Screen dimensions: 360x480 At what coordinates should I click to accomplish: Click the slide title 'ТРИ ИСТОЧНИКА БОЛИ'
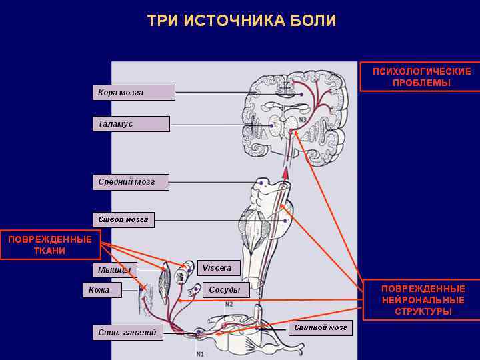[241, 21]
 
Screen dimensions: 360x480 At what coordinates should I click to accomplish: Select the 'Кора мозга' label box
[133, 93]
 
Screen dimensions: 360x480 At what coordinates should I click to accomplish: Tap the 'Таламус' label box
[131, 124]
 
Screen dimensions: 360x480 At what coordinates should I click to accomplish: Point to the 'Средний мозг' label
[131, 182]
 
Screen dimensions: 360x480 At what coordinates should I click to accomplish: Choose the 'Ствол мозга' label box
[123, 219]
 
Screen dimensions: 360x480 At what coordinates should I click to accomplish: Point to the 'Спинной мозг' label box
[321, 328]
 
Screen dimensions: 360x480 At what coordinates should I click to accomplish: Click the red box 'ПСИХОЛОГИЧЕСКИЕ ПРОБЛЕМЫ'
[421, 77]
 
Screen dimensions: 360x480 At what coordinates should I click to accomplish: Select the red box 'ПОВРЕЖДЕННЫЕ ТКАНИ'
[49, 245]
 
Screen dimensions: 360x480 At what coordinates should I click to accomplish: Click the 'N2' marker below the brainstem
[229, 304]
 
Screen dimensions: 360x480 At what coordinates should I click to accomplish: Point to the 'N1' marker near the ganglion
[200, 353]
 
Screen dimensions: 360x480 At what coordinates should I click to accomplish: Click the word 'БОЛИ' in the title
[313, 21]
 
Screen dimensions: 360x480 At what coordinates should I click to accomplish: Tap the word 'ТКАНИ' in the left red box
[49, 251]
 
